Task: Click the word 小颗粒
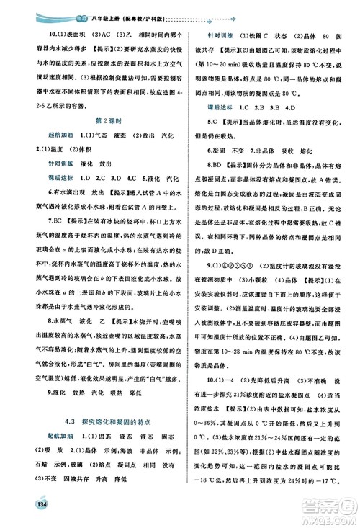pyautogui.click(x=256, y=275)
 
